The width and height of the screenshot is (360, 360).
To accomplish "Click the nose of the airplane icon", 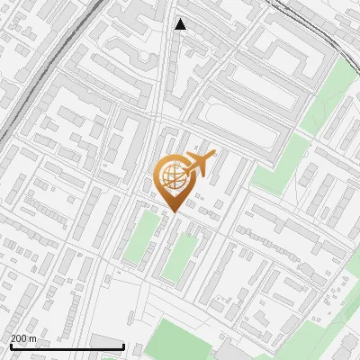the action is point(214,155).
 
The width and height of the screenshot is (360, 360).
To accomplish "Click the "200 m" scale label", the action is point(23,338).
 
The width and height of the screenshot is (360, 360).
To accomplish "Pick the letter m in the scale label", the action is point(33,338).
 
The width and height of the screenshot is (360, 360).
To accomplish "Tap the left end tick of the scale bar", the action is point(10,346).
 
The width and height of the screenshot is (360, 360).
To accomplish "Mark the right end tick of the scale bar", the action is point(124,346).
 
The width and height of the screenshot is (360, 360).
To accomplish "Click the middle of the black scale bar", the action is point(67,347).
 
